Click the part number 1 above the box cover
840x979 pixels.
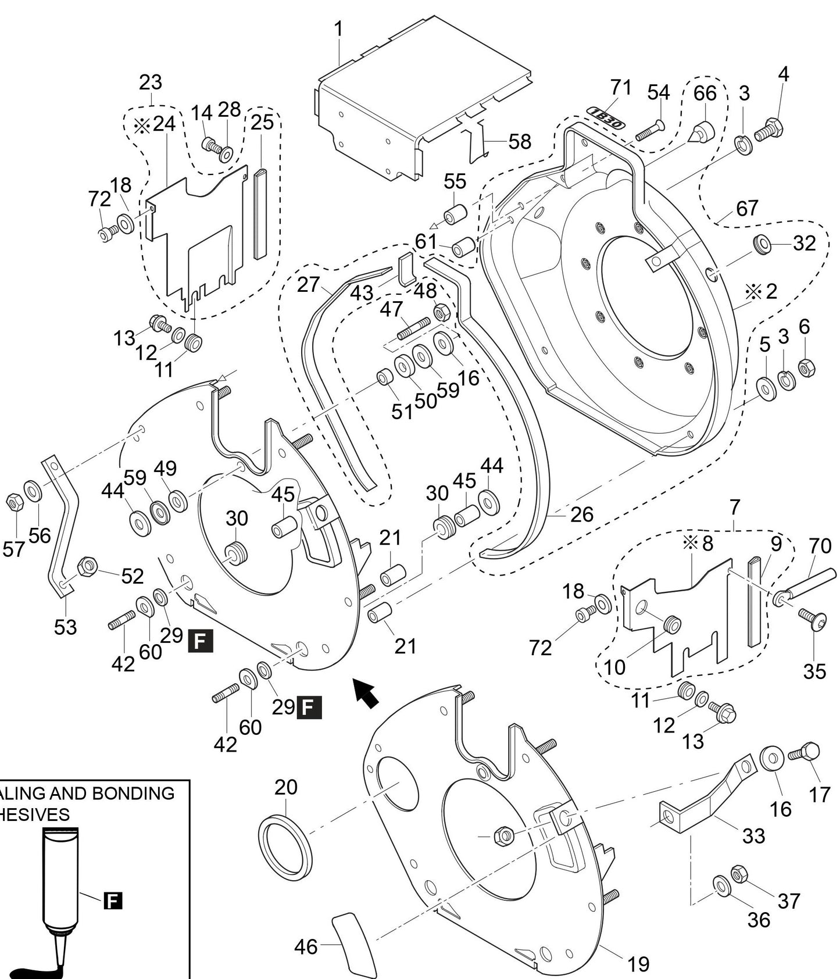pos(338,29)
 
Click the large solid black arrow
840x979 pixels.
pos(365,692)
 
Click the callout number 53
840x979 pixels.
pos(65,627)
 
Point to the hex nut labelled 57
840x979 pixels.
pos(14,502)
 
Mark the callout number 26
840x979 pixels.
pos(581,514)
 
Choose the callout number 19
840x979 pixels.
pos(638,964)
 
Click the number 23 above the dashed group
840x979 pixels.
pos(150,82)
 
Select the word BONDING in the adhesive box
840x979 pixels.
pos(135,793)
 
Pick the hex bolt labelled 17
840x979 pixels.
pos(806,753)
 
